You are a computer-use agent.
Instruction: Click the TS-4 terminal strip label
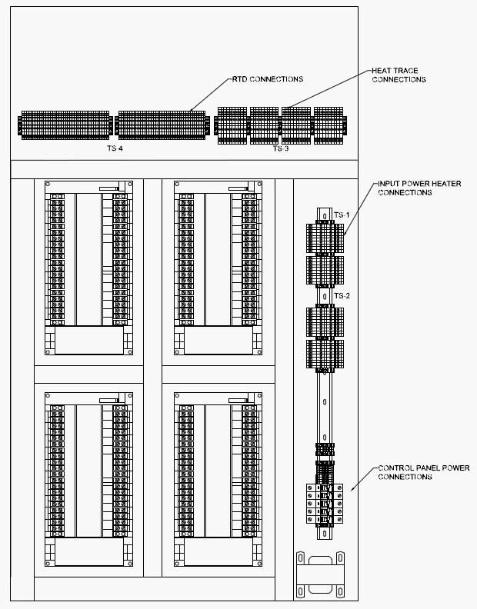tap(115, 148)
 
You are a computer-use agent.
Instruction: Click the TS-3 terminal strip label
tap(280, 148)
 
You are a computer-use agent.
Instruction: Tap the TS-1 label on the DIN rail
tap(342, 215)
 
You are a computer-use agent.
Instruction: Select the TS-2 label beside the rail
tap(342, 296)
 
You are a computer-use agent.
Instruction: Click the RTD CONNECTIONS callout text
tap(268, 79)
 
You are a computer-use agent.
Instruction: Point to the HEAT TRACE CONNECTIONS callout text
tap(399, 75)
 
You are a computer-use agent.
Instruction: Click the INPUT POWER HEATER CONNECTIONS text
tap(419, 188)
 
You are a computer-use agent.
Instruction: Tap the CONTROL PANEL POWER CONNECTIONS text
tap(424, 472)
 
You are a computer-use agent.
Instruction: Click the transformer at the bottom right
tap(320, 575)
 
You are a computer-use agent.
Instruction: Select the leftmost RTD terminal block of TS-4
tap(65, 125)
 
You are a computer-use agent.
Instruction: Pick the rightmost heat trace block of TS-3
tap(329, 125)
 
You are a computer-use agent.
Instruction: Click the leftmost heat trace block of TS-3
tap(232, 125)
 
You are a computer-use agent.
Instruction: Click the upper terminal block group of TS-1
tap(325, 238)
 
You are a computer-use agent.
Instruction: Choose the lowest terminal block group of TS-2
tap(325, 354)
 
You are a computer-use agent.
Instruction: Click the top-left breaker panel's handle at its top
tap(113, 188)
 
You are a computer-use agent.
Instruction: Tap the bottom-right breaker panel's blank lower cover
tap(218, 551)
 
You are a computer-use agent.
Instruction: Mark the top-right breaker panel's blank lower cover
tap(218, 340)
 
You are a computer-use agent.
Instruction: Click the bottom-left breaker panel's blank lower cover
tap(89, 551)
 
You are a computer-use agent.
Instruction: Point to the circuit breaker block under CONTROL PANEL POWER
tap(325, 504)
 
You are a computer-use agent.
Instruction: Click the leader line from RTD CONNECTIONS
tap(210, 95)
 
